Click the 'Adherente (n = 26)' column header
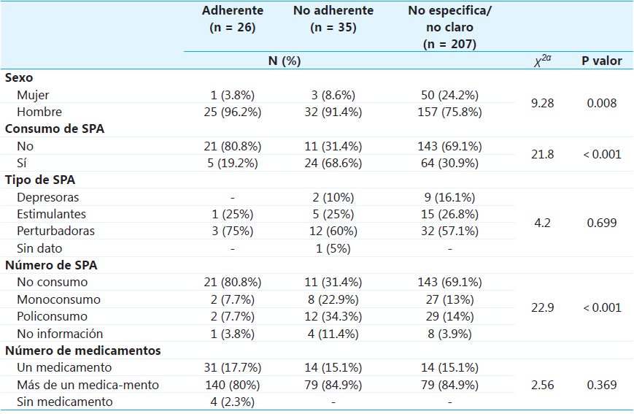coord(232,20)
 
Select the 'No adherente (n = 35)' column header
coord(333,20)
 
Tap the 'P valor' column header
coord(601,61)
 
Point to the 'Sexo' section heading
coord(19,77)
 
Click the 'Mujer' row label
coord(33,95)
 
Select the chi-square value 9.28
coord(542,104)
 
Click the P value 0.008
coord(601,104)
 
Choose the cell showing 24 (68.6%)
coord(333,163)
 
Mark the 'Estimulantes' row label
coord(52,214)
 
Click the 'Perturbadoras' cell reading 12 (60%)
coord(333,231)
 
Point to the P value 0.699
coord(601,223)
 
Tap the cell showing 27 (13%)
coord(450,299)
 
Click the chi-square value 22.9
coord(542,307)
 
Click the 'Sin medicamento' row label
coord(65,402)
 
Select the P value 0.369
coord(601,385)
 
